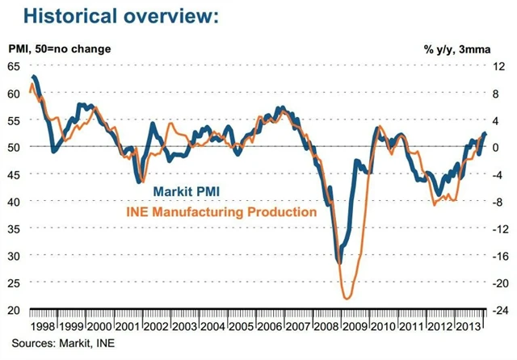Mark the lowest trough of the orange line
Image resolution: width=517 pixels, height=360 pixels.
347,299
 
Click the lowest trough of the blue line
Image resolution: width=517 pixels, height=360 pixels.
339,262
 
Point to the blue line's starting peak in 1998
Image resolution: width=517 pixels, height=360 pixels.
34,77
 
